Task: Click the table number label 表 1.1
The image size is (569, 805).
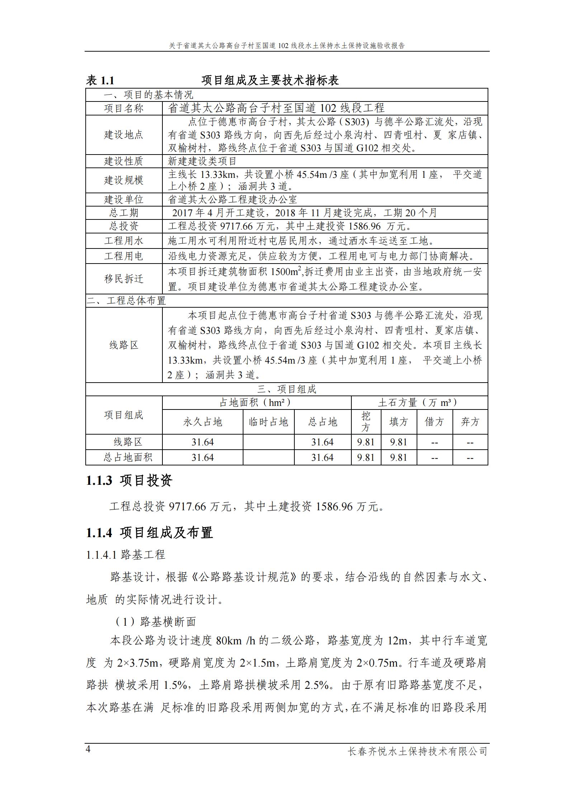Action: [100, 80]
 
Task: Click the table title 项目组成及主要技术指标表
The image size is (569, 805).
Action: [270, 80]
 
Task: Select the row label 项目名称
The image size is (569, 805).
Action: [124, 108]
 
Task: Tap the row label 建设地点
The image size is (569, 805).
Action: [124, 135]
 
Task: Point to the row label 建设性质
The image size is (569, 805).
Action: [124, 161]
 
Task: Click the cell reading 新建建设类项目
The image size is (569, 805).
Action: [202, 161]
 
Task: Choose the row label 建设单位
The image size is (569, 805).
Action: [124, 199]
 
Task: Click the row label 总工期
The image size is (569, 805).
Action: [124, 213]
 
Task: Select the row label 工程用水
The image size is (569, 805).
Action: [124, 241]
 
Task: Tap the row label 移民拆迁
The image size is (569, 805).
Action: [124, 279]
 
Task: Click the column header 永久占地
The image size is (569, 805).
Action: [203, 422]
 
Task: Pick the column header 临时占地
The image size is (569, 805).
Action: [269, 422]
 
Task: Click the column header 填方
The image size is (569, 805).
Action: [399, 422]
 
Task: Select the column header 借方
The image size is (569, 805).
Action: [435, 422]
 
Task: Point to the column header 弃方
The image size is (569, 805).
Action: [470, 422]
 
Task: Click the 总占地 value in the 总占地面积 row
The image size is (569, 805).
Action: [322, 458]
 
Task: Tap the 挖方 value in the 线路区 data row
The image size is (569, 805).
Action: [366, 442]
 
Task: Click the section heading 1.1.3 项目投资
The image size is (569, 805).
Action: [129, 480]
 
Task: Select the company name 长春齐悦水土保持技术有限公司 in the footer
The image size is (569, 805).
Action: [418, 751]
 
